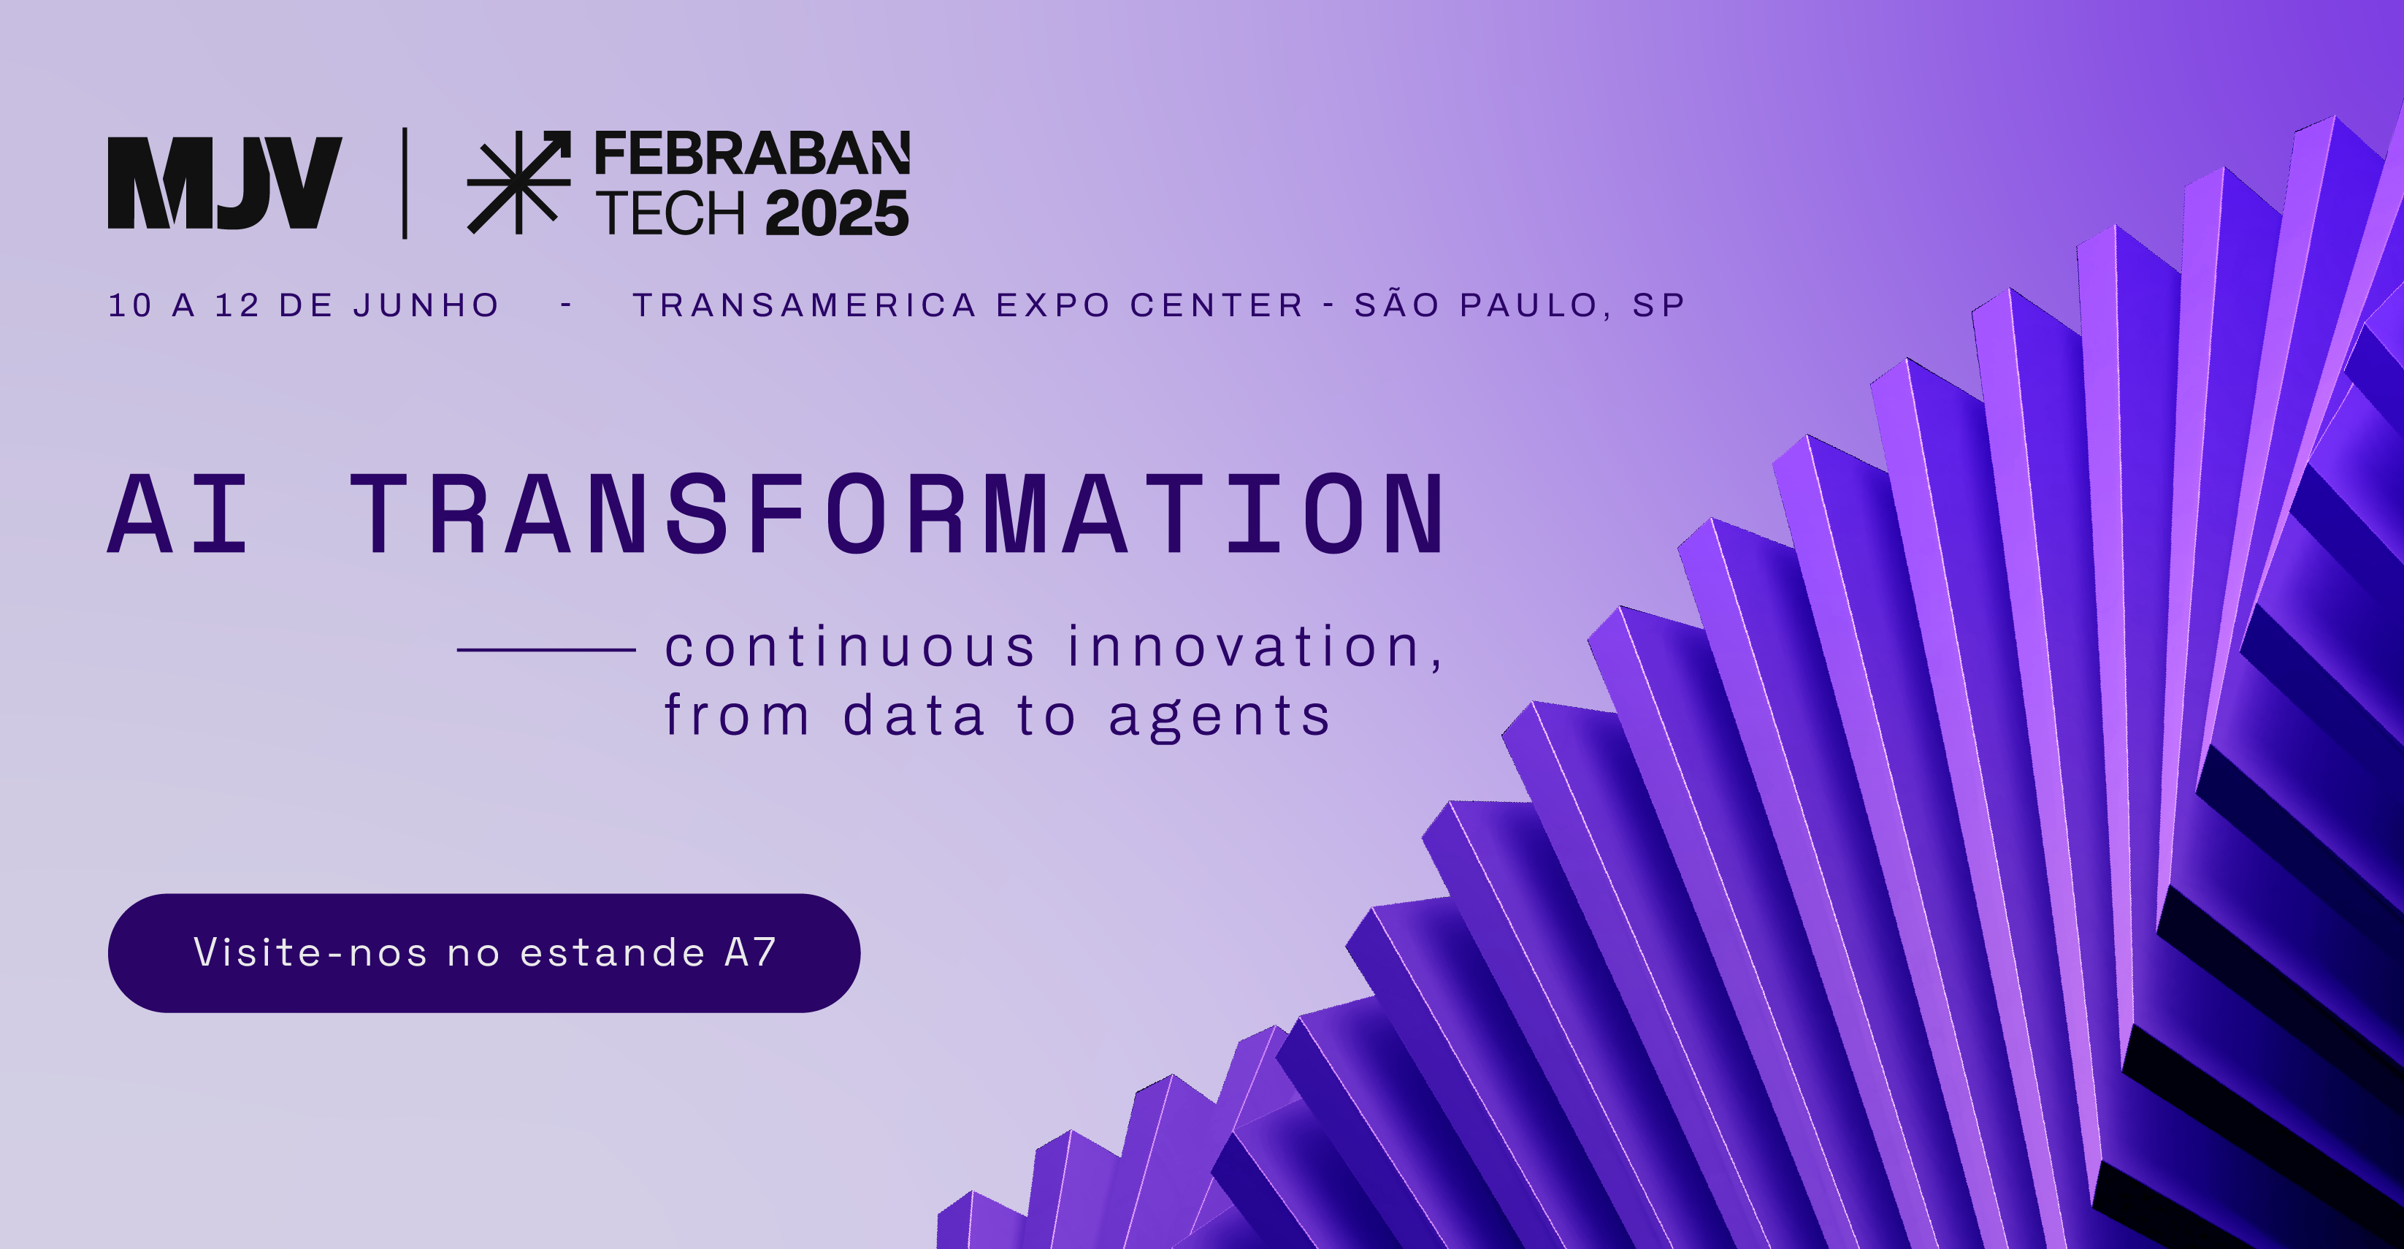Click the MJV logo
click(x=225, y=183)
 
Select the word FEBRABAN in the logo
click(x=752, y=153)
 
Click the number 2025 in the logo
click(x=837, y=213)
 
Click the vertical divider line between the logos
click(x=404, y=183)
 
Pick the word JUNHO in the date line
click(x=426, y=305)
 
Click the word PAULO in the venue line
click(x=1534, y=305)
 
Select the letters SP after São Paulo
click(x=1658, y=305)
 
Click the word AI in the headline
click(x=178, y=513)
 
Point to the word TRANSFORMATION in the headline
click(x=897, y=513)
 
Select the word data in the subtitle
click(x=914, y=715)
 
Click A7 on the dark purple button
click(x=750, y=952)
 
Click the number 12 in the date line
click(x=236, y=305)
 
